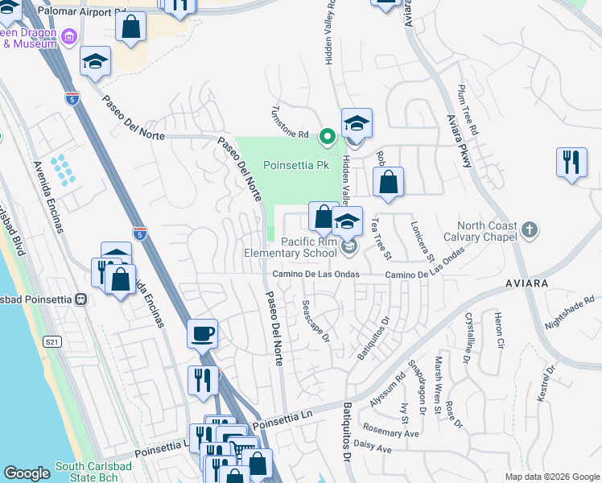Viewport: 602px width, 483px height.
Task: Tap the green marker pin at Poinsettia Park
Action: click(327, 136)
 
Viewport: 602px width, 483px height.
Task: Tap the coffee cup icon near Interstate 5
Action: click(202, 332)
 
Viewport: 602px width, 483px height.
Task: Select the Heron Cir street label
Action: click(499, 330)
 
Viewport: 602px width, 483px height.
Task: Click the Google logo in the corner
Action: click(27, 473)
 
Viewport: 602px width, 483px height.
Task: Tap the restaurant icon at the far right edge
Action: click(571, 161)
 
